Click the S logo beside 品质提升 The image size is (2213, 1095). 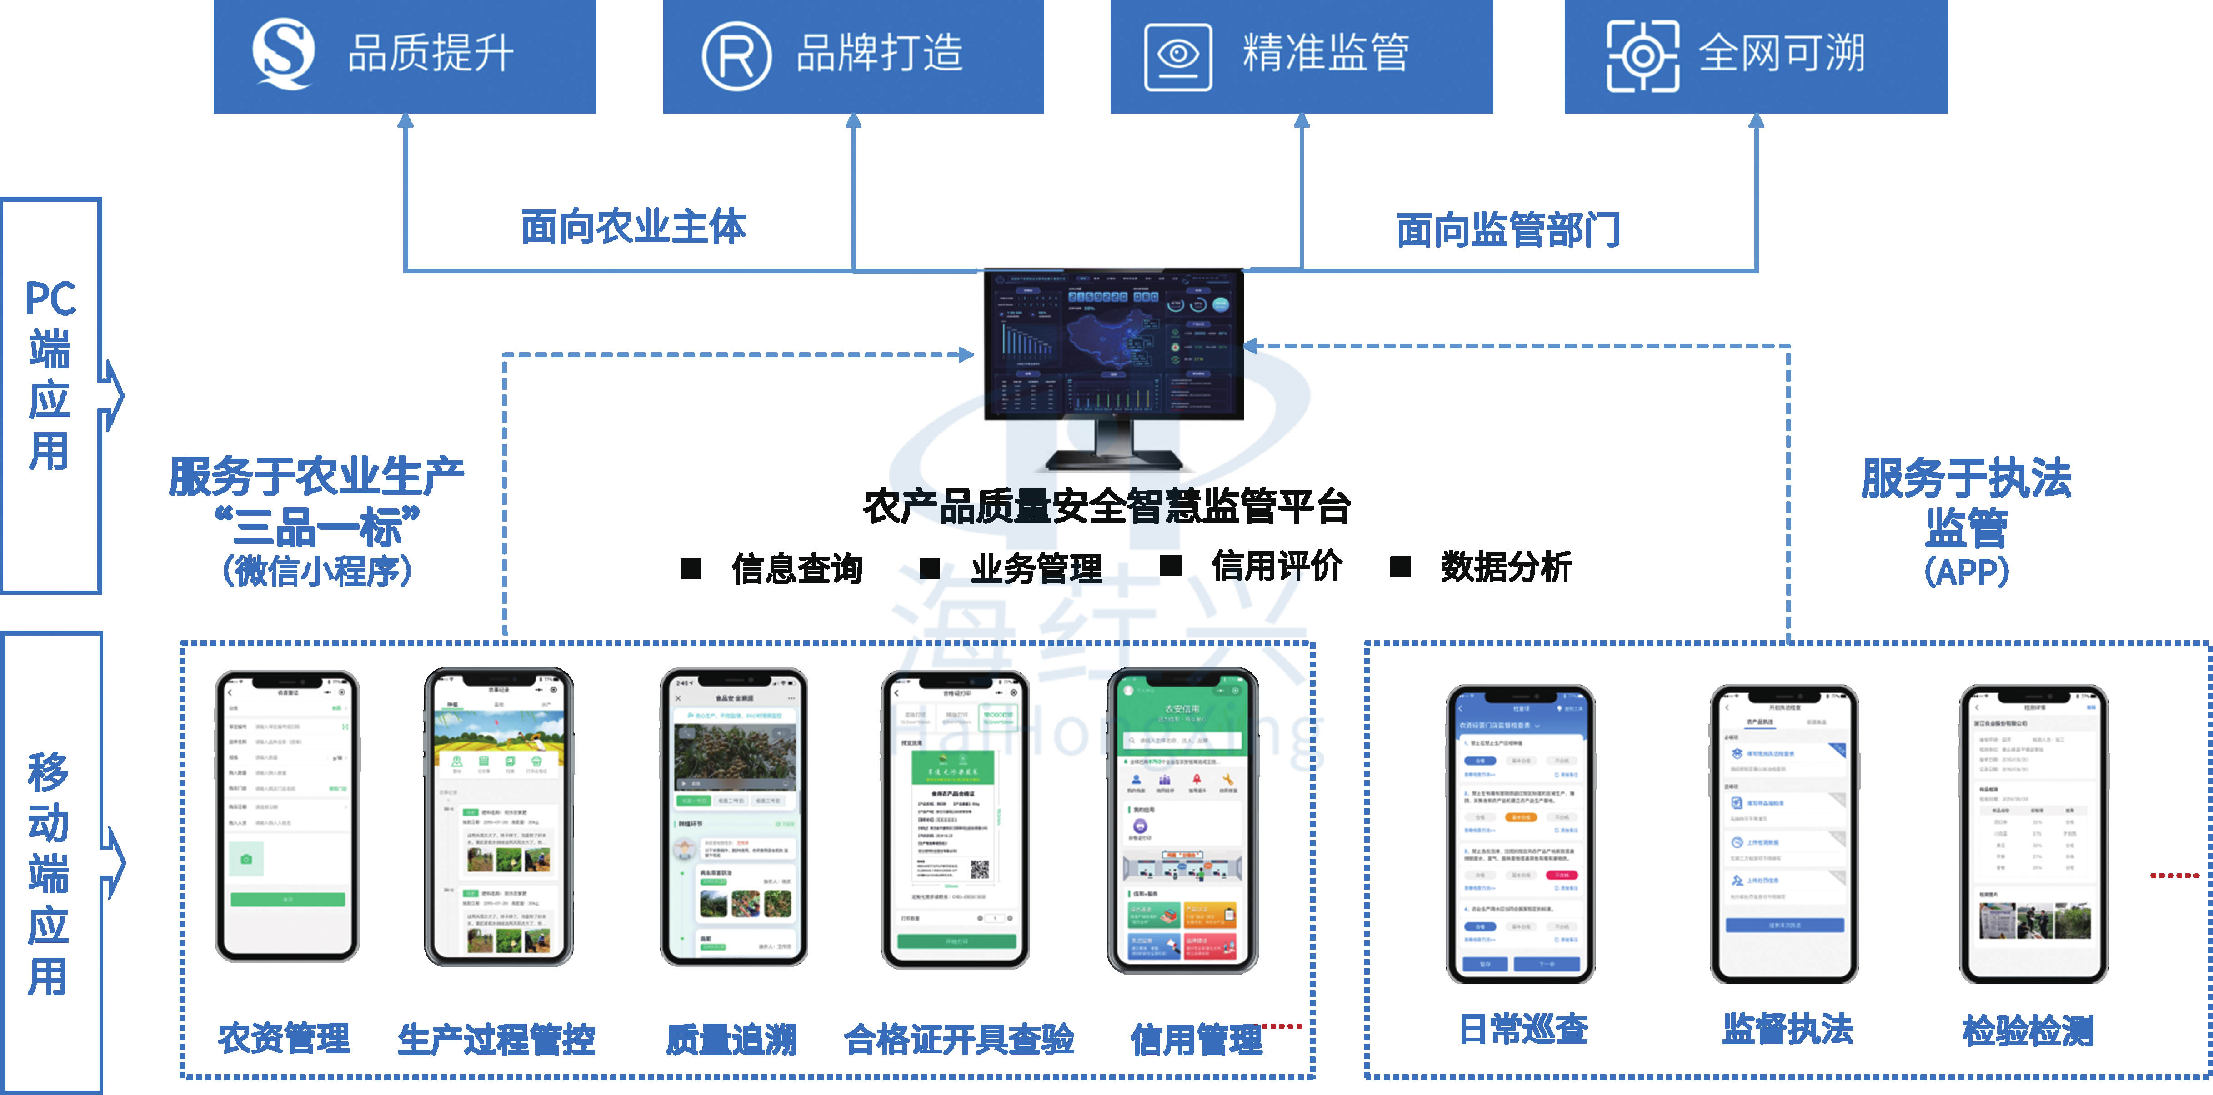click(x=284, y=54)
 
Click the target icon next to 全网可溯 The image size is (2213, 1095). click(x=1642, y=56)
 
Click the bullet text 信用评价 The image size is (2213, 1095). click(x=1277, y=566)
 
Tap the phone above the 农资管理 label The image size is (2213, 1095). click(x=287, y=816)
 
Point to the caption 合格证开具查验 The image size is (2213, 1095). click(x=959, y=1039)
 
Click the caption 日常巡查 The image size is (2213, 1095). click(x=1523, y=1029)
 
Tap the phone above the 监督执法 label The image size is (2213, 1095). click(x=1784, y=833)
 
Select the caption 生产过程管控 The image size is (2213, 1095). click(x=496, y=1039)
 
